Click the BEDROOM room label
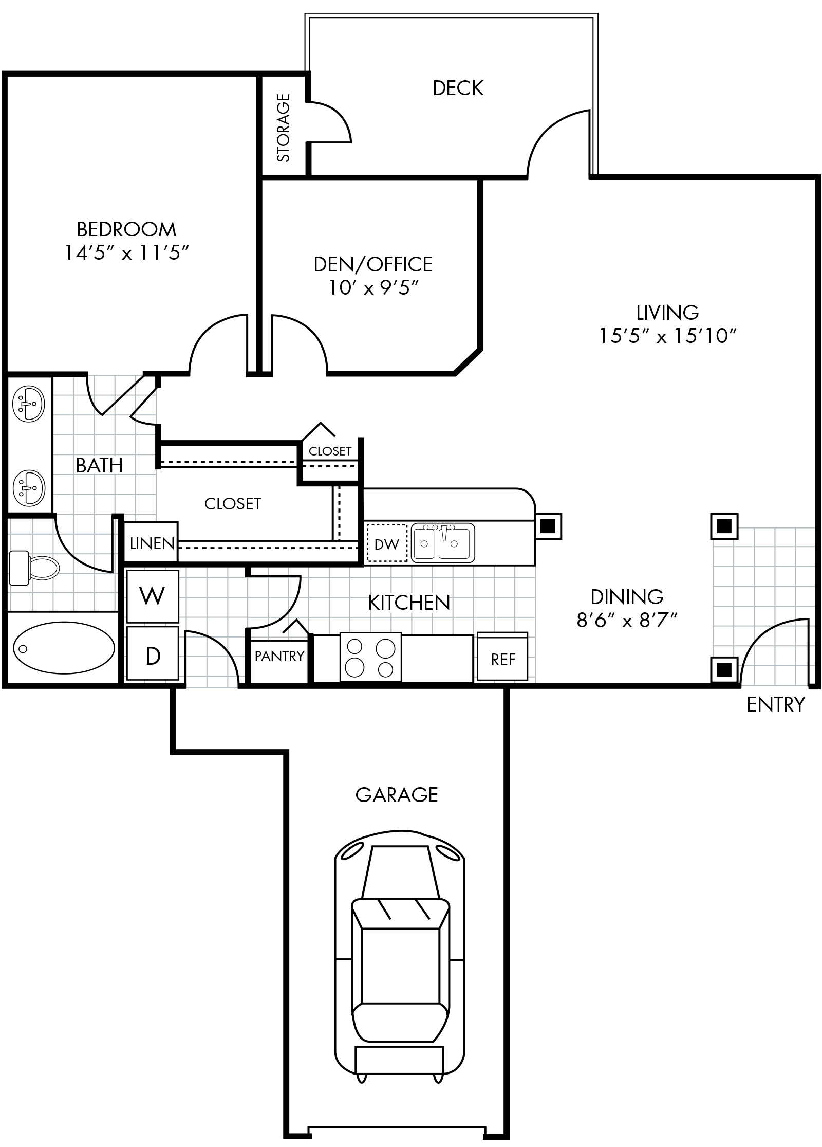tap(126, 229)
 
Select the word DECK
tap(458, 88)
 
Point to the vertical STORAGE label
tap(284, 128)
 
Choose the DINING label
tap(627, 596)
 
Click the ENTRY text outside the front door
tap(776, 704)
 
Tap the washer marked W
tap(153, 596)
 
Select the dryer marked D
tap(153, 653)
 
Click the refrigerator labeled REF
tap(502, 657)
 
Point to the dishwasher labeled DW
tap(387, 543)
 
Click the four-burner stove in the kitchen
tap(370, 658)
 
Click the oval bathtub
tap(64, 648)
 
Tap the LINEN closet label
tap(152, 543)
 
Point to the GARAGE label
tap(397, 794)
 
